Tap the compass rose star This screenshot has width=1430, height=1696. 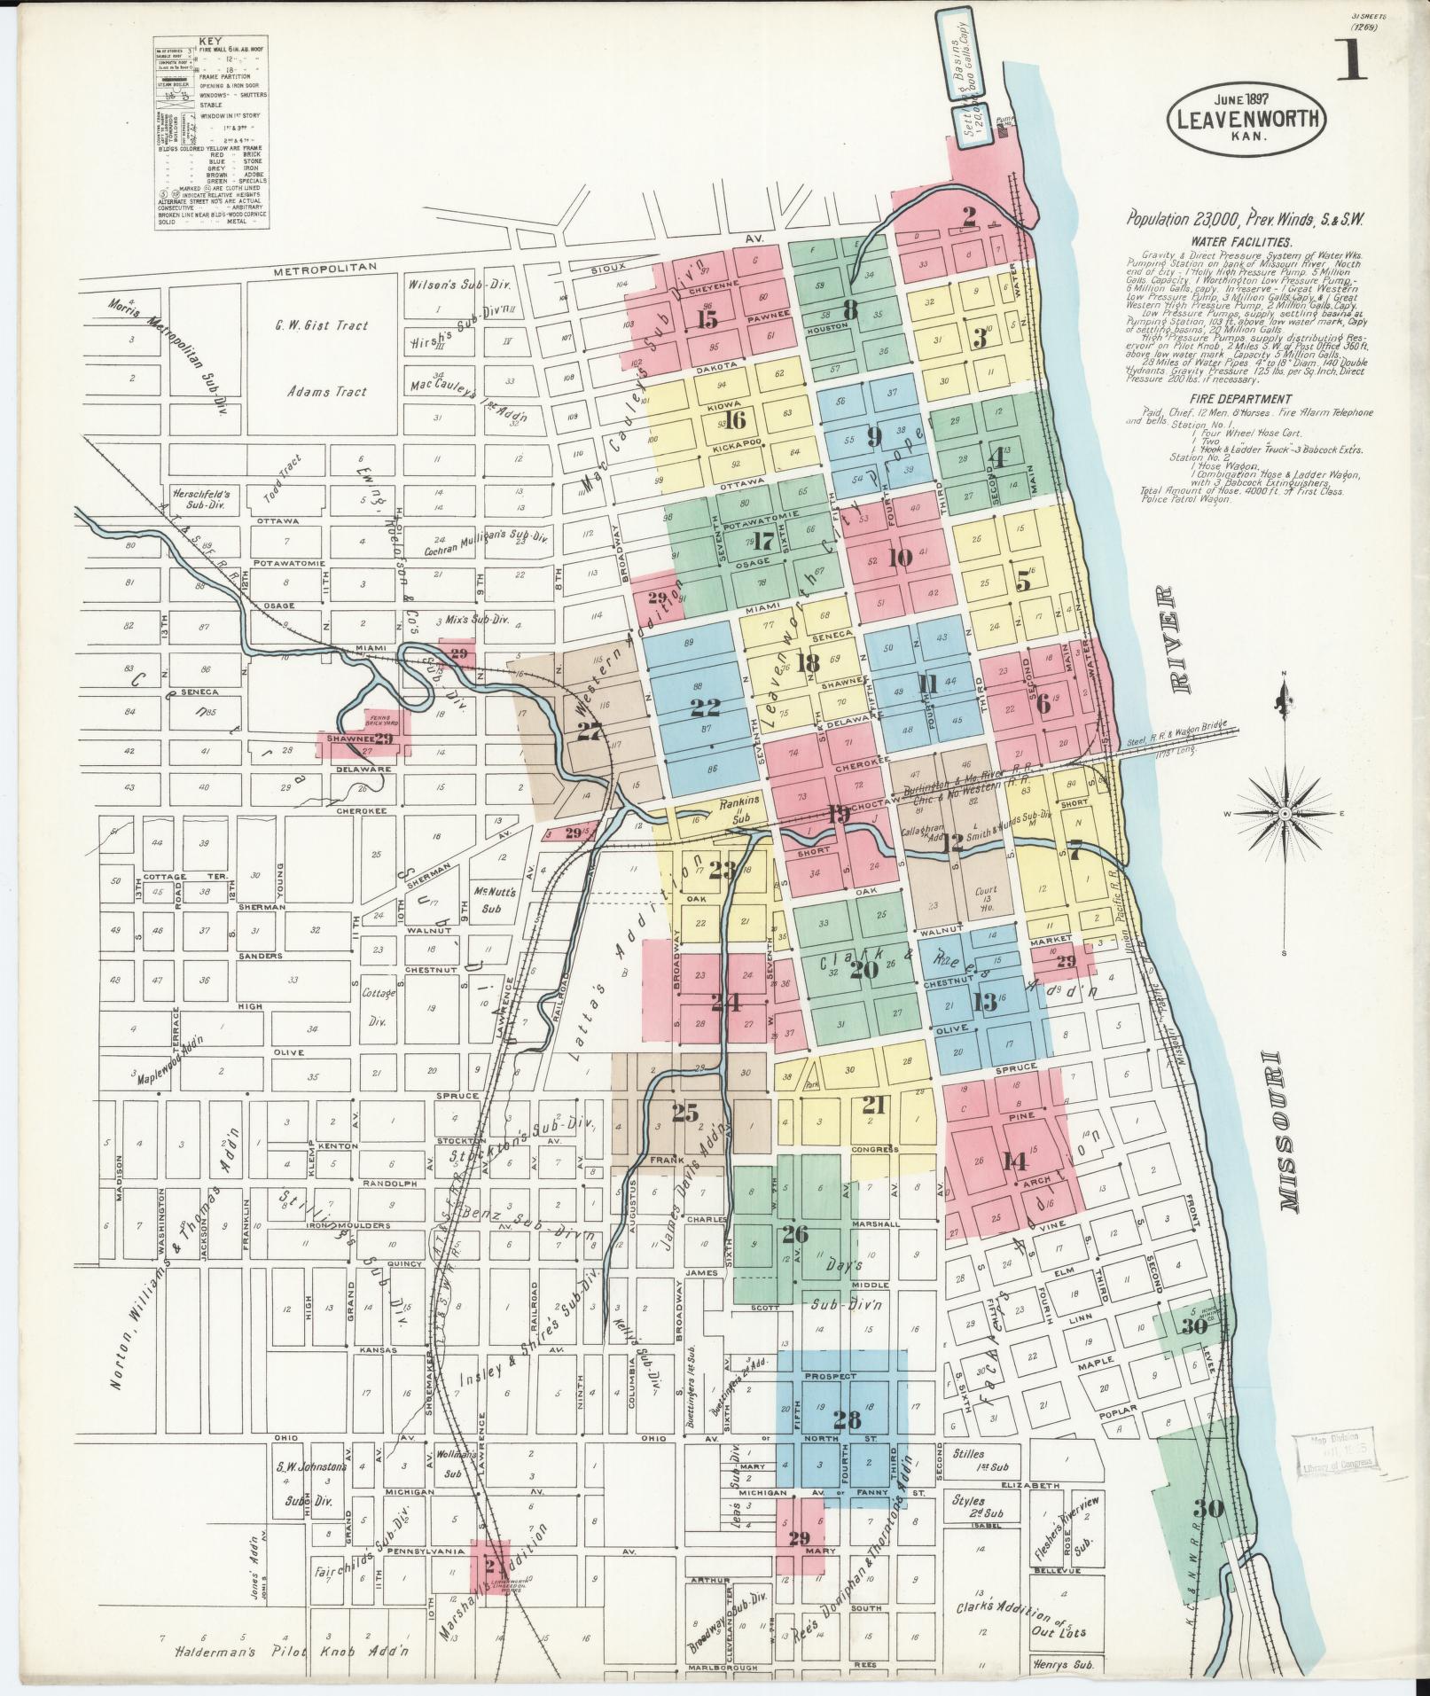click(x=1285, y=812)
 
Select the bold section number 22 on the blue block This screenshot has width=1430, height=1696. click(x=705, y=707)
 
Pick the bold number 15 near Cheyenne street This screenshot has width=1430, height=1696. click(x=707, y=320)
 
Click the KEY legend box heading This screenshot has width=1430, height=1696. click(x=211, y=41)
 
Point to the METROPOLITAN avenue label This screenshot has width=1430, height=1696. click(x=325, y=267)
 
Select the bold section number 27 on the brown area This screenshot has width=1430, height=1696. click(x=589, y=731)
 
